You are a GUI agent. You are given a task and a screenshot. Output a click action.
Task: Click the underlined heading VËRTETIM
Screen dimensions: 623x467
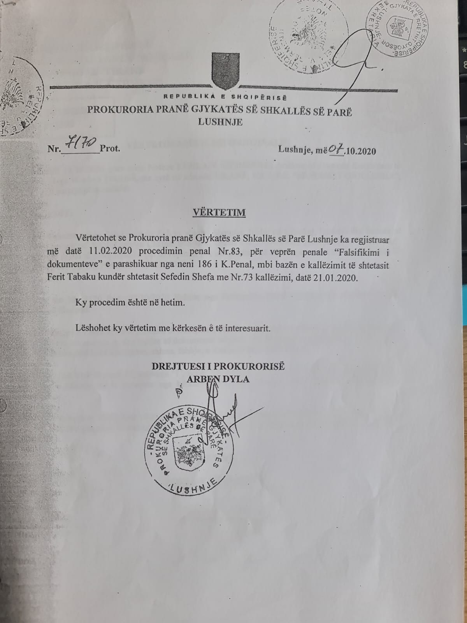pyautogui.click(x=220, y=213)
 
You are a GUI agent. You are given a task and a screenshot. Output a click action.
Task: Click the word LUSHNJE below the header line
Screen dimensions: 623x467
pyautogui.click(x=220, y=122)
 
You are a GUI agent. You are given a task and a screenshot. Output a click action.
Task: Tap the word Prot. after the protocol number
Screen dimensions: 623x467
pyautogui.click(x=110, y=149)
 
